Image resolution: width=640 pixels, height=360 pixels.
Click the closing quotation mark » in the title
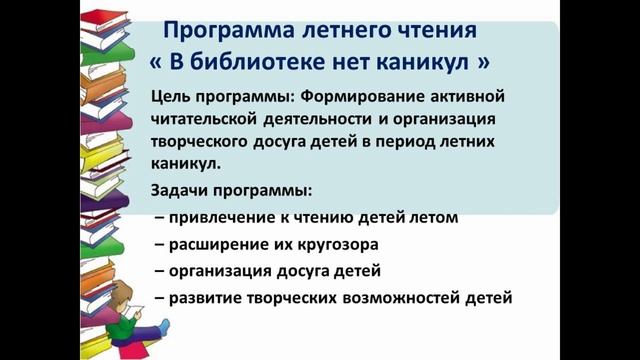point(484,61)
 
